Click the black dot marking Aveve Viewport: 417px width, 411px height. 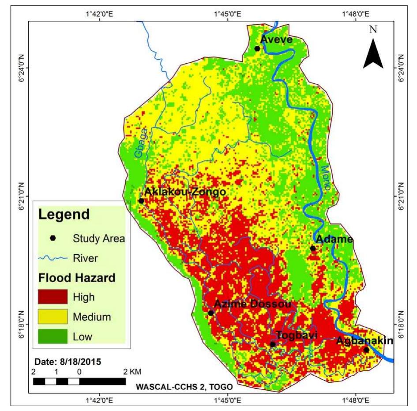tap(257, 49)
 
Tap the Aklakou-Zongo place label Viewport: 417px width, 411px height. tap(185, 192)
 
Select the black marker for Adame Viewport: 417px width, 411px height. tap(313, 248)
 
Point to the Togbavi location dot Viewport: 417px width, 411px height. tap(273, 344)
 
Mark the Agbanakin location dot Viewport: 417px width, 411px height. tap(366, 350)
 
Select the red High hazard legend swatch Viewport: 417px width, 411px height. tap(53, 297)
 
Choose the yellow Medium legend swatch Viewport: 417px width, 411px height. tap(53, 317)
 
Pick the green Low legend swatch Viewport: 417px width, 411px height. tap(53, 336)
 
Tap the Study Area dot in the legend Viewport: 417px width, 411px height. tap(53, 238)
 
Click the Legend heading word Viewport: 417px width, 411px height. tap(64, 215)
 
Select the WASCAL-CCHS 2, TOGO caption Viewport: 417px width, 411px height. tap(184, 387)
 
